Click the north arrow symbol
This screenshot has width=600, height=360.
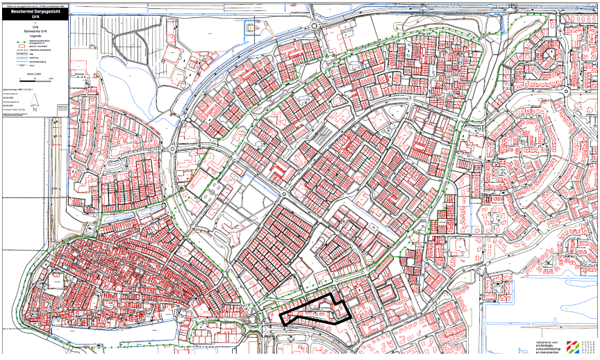click(34, 99)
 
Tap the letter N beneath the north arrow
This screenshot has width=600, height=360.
click(34, 108)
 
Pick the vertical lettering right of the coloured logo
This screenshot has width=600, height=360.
click(592, 347)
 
